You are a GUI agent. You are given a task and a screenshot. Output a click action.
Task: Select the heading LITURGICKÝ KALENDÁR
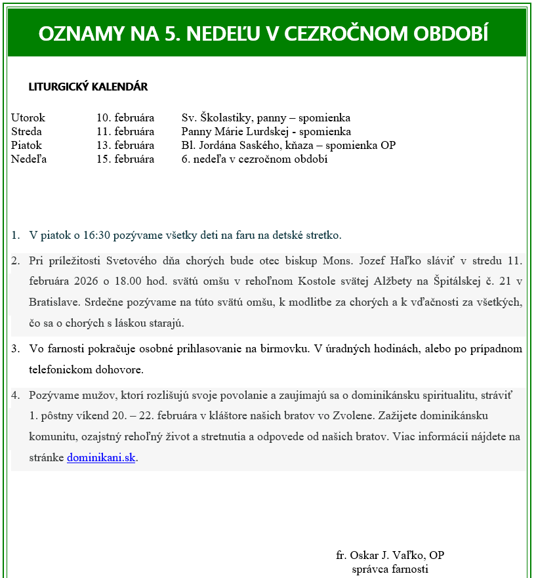click(88, 87)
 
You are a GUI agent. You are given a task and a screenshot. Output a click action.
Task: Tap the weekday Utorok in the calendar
click(28, 118)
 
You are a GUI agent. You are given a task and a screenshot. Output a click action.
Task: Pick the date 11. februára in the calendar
click(125, 132)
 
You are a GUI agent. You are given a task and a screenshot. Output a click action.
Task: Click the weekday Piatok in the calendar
click(27, 146)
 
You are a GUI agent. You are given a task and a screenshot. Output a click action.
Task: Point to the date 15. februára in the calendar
click(125, 159)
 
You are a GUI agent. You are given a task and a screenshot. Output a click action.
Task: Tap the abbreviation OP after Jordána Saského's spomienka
click(388, 146)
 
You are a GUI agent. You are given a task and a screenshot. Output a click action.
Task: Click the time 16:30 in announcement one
click(94, 235)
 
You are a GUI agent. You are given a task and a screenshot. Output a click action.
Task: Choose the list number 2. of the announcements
click(16, 260)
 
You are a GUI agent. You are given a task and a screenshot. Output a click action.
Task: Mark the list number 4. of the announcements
click(16, 396)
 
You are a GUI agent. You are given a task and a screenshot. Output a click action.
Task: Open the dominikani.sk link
click(101, 458)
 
